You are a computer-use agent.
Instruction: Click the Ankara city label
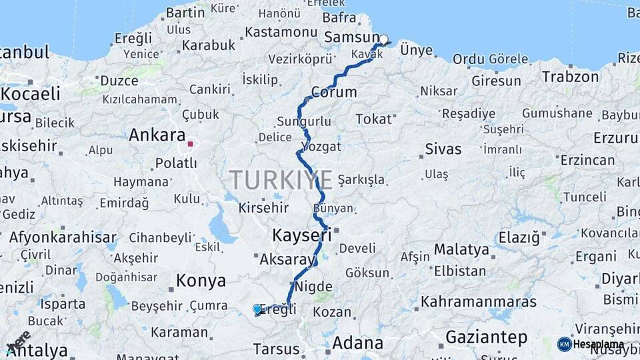pyautogui.click(x=157, y=135)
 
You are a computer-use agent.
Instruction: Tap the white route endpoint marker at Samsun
pyautogui.click(x=383, y=40)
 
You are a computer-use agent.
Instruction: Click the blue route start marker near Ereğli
pyautogui.click(x=257, y=309)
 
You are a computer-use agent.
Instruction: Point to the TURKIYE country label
pyautogui.click(x=281, y=180)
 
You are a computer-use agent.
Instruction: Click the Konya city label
pyautogui.click(x=201, y=281)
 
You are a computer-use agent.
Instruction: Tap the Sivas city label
pyautogui.click(x=443, y=148)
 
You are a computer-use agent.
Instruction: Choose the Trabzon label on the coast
pyautogui.click(x=570, y=76)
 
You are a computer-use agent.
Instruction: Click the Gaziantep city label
pyautogui.click(x=486, y=337)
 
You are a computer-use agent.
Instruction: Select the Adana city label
pyautogui.click(x=357, y=344)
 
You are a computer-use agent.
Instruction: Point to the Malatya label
pyautogui.click(x=462, y=250)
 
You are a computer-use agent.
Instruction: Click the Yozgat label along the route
pyautogui.click(x=321, y=146)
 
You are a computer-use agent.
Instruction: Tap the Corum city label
pyautogui.click(x=334, y=91)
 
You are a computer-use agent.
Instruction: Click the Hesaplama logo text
pyautogui.click(x=599, y=345)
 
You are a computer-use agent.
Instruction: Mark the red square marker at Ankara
pyautogui.click(x=191, y=143)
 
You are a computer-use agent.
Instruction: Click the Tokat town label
pyautogui.click(x=373, y=119)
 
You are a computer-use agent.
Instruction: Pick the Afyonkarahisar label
pyautogui.click(x=63, y=237)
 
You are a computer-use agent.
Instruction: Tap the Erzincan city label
pyautogui.click(x=587, y=160)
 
